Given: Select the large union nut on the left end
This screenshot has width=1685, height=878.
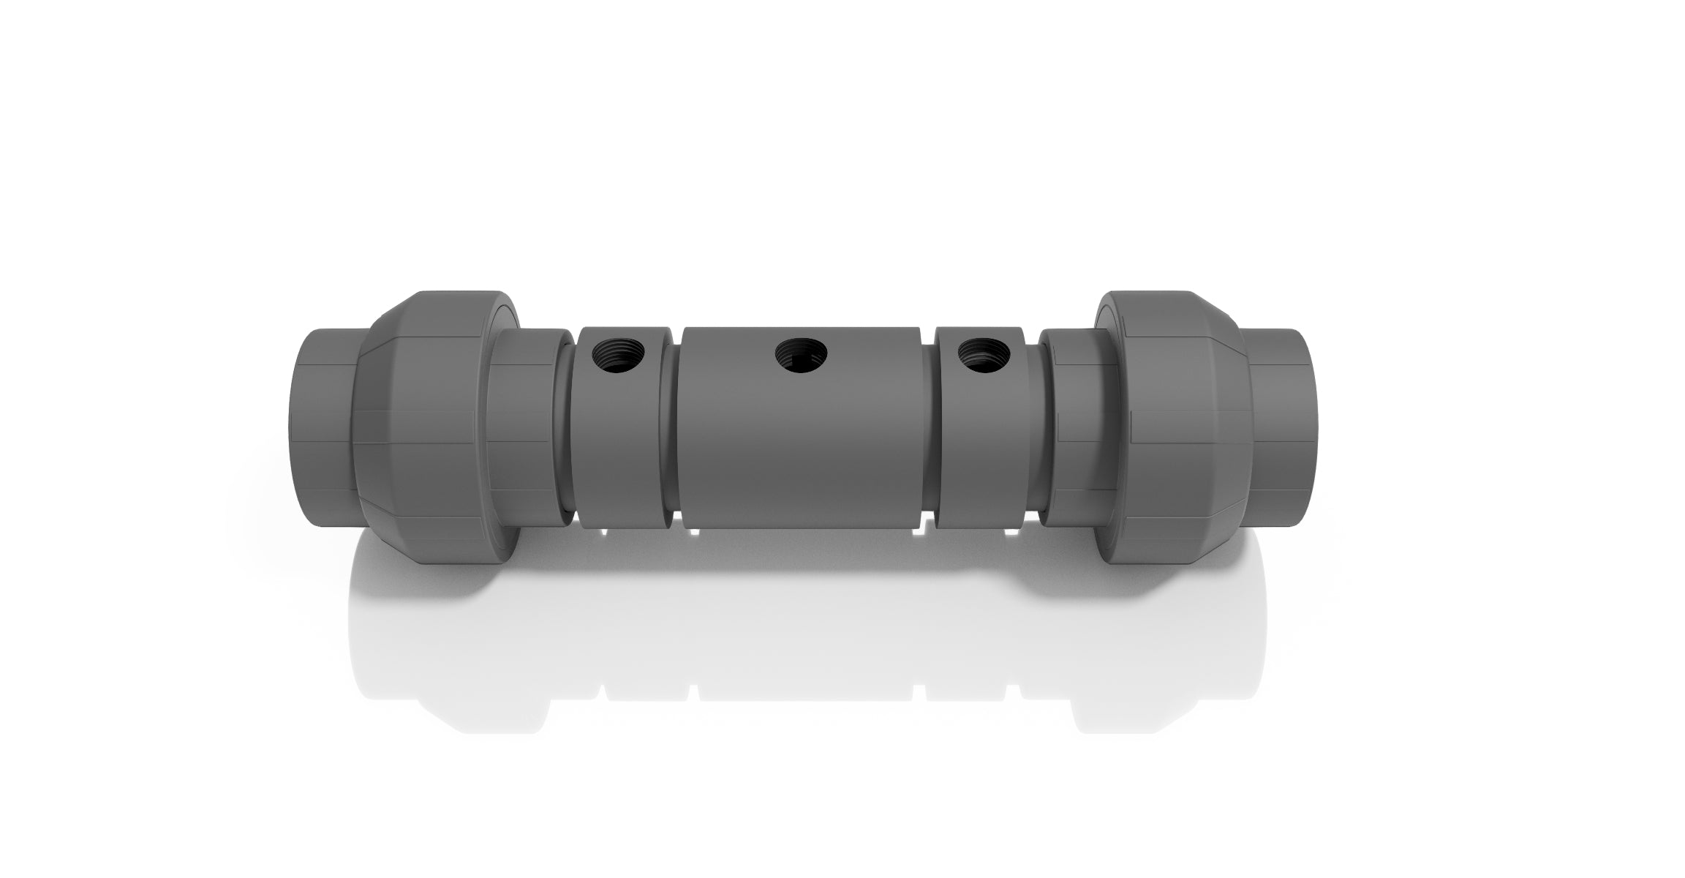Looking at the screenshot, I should [446, 432].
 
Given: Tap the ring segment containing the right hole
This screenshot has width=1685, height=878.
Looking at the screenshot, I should [980, 454].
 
